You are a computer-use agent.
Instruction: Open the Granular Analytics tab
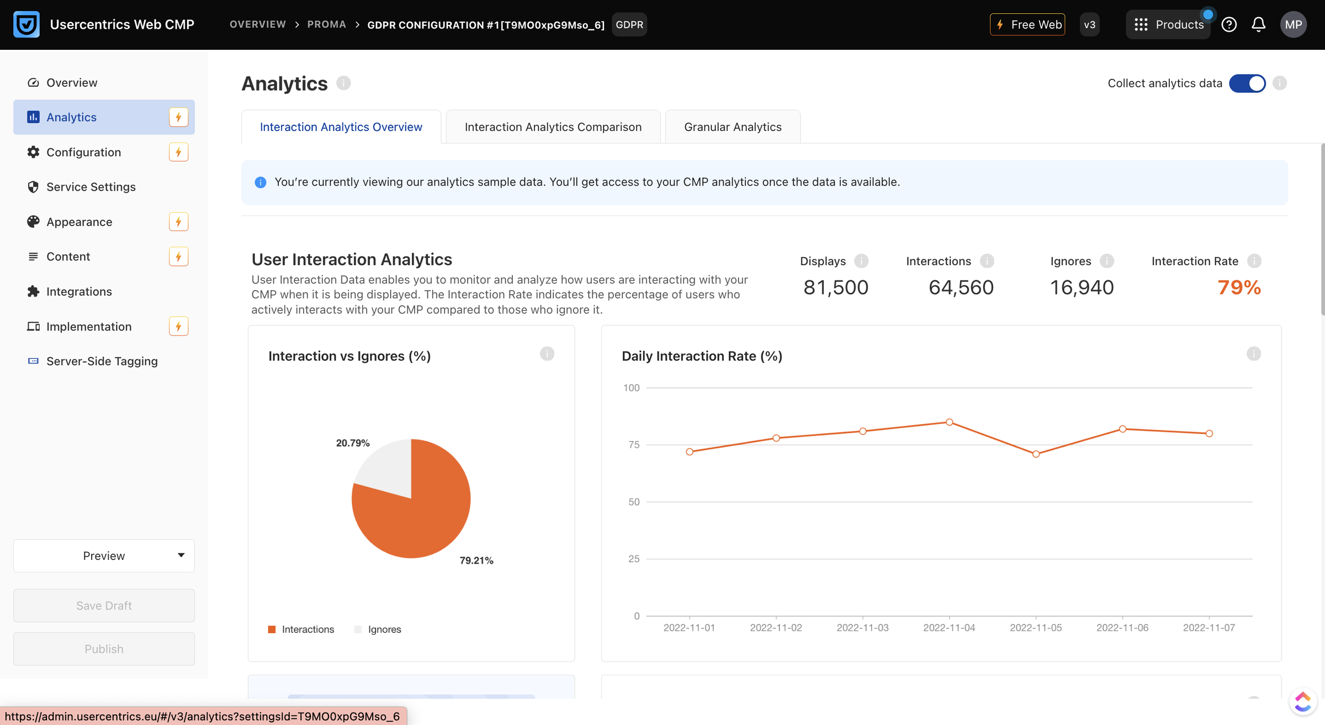733,127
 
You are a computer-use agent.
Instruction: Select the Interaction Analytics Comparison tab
553,127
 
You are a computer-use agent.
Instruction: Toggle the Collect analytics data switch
1247,83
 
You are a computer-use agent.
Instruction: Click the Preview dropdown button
104,556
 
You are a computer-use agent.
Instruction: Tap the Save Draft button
104,606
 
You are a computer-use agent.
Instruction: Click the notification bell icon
1259,25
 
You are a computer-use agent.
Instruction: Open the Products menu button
1168,25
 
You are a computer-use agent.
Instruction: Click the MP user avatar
1294,25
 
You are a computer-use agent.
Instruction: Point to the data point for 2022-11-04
950,422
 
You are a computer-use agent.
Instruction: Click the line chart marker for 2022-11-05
1036,454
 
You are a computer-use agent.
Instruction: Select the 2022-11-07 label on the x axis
1209,628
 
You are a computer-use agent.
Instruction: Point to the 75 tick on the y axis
634,445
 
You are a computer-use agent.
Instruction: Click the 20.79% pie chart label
353,443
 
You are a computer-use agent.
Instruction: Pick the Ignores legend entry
378,629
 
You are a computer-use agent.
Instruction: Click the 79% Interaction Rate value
1239,287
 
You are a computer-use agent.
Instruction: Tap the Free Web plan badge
1027,25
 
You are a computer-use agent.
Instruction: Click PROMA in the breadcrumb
327,25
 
